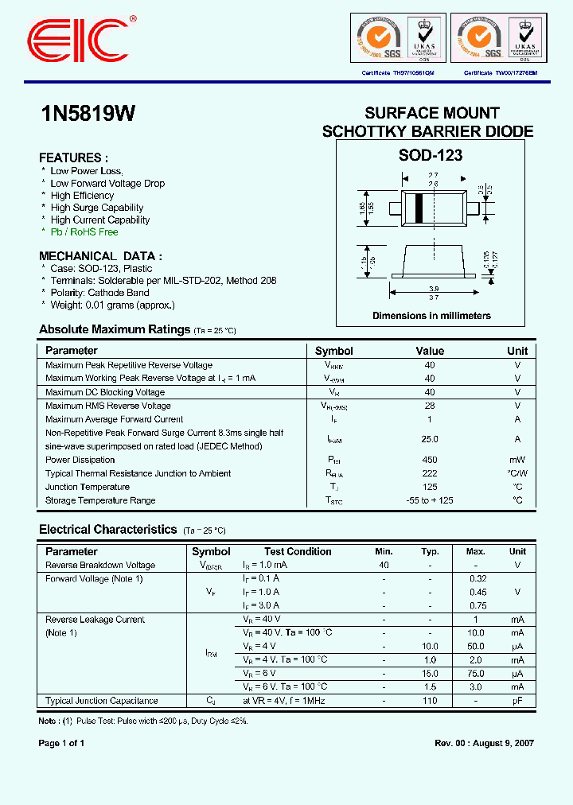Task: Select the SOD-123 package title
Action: (431, 156)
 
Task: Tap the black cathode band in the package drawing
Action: (418, 208)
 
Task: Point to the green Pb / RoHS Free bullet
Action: (84, 232)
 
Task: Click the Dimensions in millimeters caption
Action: (431, 316)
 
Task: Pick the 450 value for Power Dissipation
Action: (430, 460)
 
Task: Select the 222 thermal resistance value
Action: (430, 473)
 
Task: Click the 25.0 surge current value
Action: (430, 439)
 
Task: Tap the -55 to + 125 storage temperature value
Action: (430, 500)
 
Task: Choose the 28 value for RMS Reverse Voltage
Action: (430, 406)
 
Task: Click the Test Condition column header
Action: (298, 551)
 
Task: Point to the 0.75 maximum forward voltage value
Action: (477, 605)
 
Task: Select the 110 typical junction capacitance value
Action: (430, 701)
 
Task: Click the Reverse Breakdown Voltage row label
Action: (100, 566)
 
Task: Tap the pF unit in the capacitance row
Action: (517, 701)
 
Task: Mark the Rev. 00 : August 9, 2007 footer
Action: (484, 743)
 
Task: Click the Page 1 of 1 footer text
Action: (61, 743)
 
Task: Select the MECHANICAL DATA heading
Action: (100, 256)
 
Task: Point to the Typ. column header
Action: (430, 551)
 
